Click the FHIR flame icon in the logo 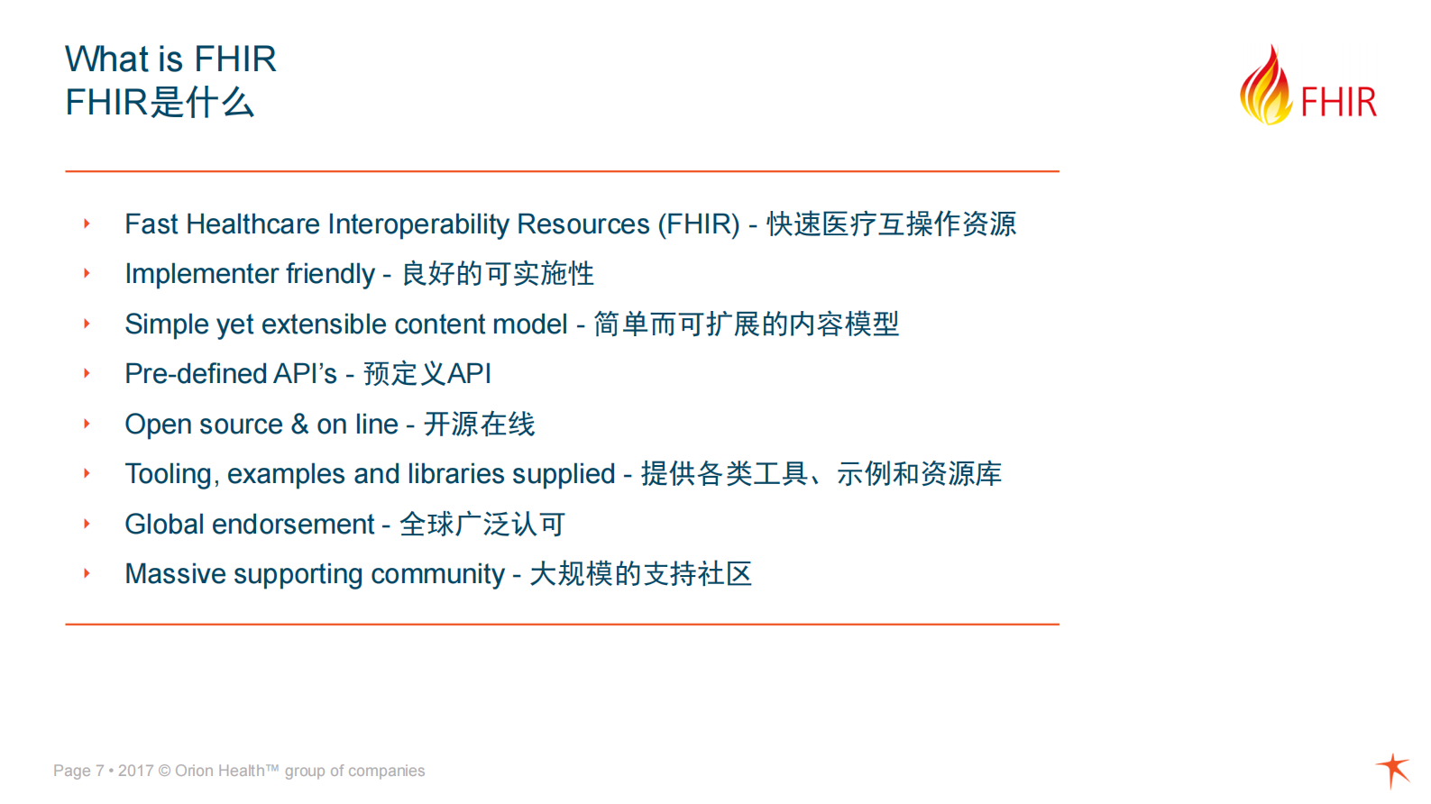(x=1266, y=87)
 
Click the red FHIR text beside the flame (x=1338, y=103)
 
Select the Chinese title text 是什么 (x=202, y=103)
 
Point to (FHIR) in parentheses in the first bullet (x=699, y=224)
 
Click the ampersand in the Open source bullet (x=299, y=424)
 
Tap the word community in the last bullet (x=437, y=574)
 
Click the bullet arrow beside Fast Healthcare (x=87, y=224)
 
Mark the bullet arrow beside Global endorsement (x=87, y=524)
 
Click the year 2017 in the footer (x=135, y=771)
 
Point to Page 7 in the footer (x=78, y=771)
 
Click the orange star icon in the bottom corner (x=1394, y=769)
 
